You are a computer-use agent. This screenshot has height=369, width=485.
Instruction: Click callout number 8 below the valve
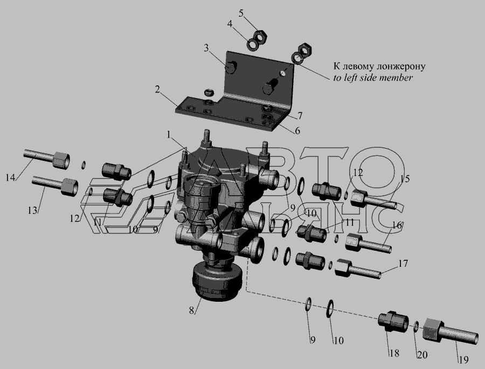192,310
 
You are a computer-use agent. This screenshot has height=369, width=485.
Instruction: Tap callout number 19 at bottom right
463,359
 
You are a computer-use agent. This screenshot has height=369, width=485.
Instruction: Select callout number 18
394,353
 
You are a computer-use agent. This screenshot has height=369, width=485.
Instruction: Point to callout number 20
422,355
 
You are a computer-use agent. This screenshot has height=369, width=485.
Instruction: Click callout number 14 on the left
10,178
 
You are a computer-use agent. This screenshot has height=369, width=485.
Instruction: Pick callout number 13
32,211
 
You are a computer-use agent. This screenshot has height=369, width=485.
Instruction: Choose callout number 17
403,264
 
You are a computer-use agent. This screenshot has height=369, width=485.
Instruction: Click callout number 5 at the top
241,13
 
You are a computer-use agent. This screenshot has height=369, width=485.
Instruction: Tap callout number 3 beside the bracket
206,48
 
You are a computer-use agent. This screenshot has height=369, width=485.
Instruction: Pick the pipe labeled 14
46,158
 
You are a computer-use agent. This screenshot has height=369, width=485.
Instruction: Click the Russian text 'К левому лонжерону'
379,66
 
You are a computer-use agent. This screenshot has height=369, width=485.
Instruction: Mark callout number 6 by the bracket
297,131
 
